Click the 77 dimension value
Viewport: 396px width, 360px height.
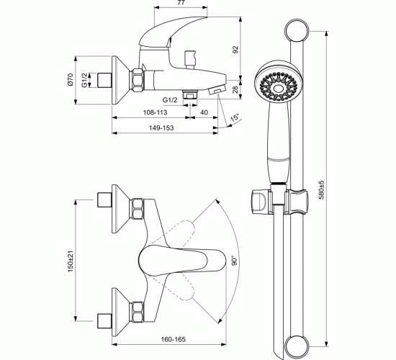(x=181, y=3)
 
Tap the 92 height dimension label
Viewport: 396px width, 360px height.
(x=235, y=50)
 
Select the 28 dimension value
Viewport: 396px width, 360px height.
(x=235, y=89)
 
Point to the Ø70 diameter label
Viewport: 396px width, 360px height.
(x=70, y=80)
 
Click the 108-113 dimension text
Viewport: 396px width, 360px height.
(x=155, y=112)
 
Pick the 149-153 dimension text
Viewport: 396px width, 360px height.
(x=161, y=128)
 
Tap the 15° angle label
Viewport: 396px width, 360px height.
(x=235, y=118)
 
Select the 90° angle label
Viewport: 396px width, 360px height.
(x=235, y=261)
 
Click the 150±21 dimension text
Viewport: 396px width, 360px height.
(x=70, y=261)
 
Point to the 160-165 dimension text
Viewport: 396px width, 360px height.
(x=174, y=339)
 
